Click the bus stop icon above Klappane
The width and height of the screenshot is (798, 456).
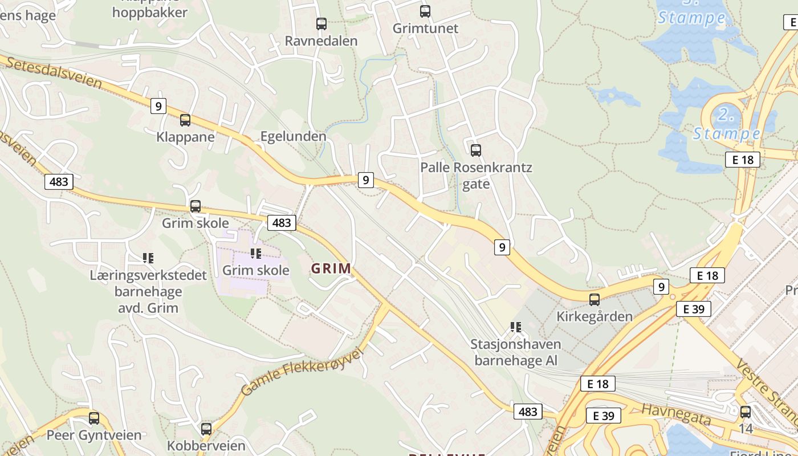coord(185,120)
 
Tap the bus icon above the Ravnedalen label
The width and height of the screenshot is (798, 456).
coord(321,24)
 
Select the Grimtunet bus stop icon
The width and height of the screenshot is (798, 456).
coord(425,11)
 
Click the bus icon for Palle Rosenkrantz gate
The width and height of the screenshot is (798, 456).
coord(476,150)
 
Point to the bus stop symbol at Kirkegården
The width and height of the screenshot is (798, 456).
coord(595,299)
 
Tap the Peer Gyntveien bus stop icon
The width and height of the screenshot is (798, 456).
coord(94,418)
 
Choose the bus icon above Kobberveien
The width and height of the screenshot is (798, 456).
coord(206,429)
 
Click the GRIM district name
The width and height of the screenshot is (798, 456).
coord(331,268)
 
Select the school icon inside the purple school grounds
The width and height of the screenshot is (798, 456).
coord(256,253)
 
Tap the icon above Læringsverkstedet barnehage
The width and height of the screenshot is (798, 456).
coord(148,258)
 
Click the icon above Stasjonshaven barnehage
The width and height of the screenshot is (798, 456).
coord(516,327)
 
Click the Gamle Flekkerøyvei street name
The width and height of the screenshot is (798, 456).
coord(302,372)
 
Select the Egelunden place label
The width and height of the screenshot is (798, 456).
coord(293,136)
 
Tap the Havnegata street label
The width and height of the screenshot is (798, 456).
coord(677,414)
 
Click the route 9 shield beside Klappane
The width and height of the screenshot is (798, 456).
coord(158,105)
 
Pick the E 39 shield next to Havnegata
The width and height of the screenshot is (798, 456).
coord(604,416)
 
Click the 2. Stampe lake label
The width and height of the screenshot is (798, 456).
coord(726,124)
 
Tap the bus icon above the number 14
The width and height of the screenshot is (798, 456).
coord(746,412)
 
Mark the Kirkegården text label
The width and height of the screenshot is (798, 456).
coord(595,316)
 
